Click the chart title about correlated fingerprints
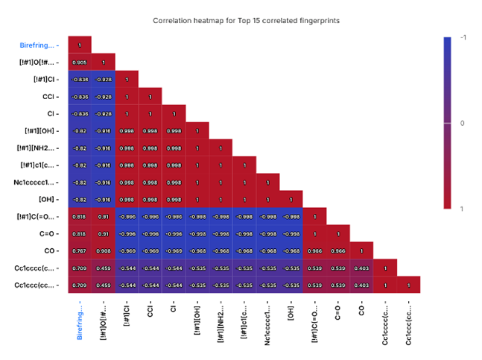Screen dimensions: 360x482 (246, 20)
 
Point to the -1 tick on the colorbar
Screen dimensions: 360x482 (463, 37)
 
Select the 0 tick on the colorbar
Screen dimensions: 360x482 (463, 123)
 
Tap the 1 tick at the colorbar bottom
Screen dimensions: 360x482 (463, 209)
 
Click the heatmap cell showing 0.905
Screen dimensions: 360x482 (80, 62)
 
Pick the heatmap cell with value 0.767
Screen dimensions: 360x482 (80, 250)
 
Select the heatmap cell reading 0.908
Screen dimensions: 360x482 (104, 250)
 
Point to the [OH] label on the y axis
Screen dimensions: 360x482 (47, 199)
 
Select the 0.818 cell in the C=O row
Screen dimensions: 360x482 (80, 233)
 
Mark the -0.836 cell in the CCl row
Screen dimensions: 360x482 (80, 96)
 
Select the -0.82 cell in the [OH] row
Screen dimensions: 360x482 (80, 199)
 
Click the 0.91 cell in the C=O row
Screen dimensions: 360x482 (104, 233)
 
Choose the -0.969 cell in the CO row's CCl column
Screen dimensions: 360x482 (150, 250)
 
